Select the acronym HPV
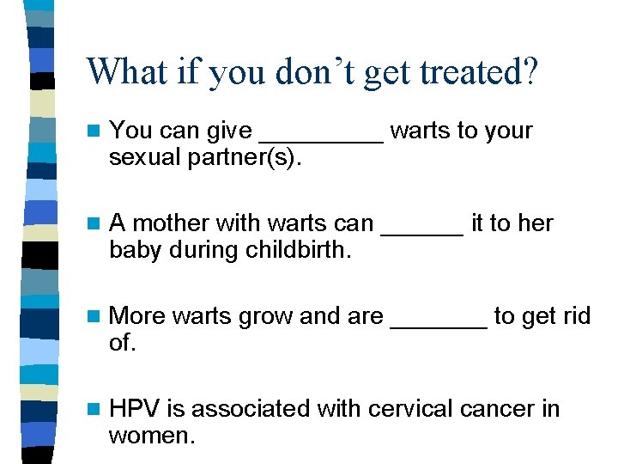point(134,409)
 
